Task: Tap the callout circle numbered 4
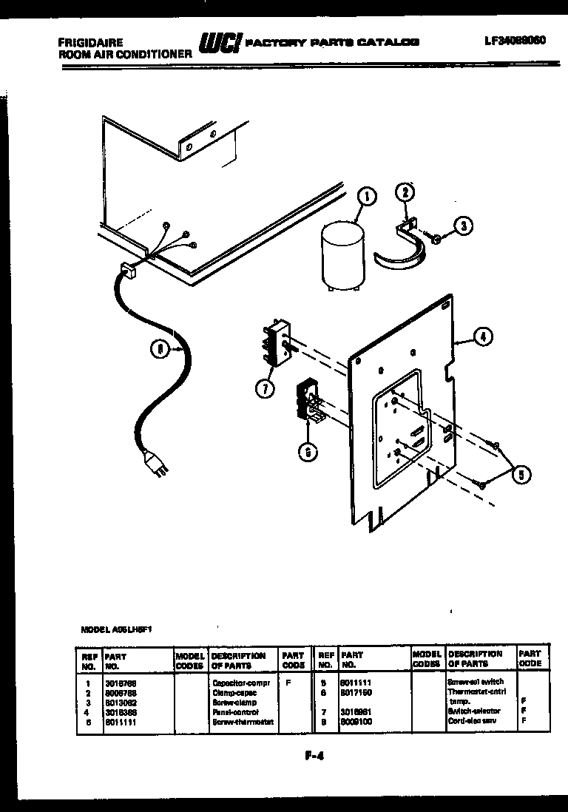[481, 338]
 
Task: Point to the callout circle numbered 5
[521, 474]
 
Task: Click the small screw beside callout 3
[436, 239]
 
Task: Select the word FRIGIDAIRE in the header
[92, 43]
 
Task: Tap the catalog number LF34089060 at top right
[512, 41]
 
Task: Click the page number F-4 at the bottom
[315, 755]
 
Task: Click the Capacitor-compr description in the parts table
[241, 683]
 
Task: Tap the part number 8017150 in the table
[357, 693]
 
